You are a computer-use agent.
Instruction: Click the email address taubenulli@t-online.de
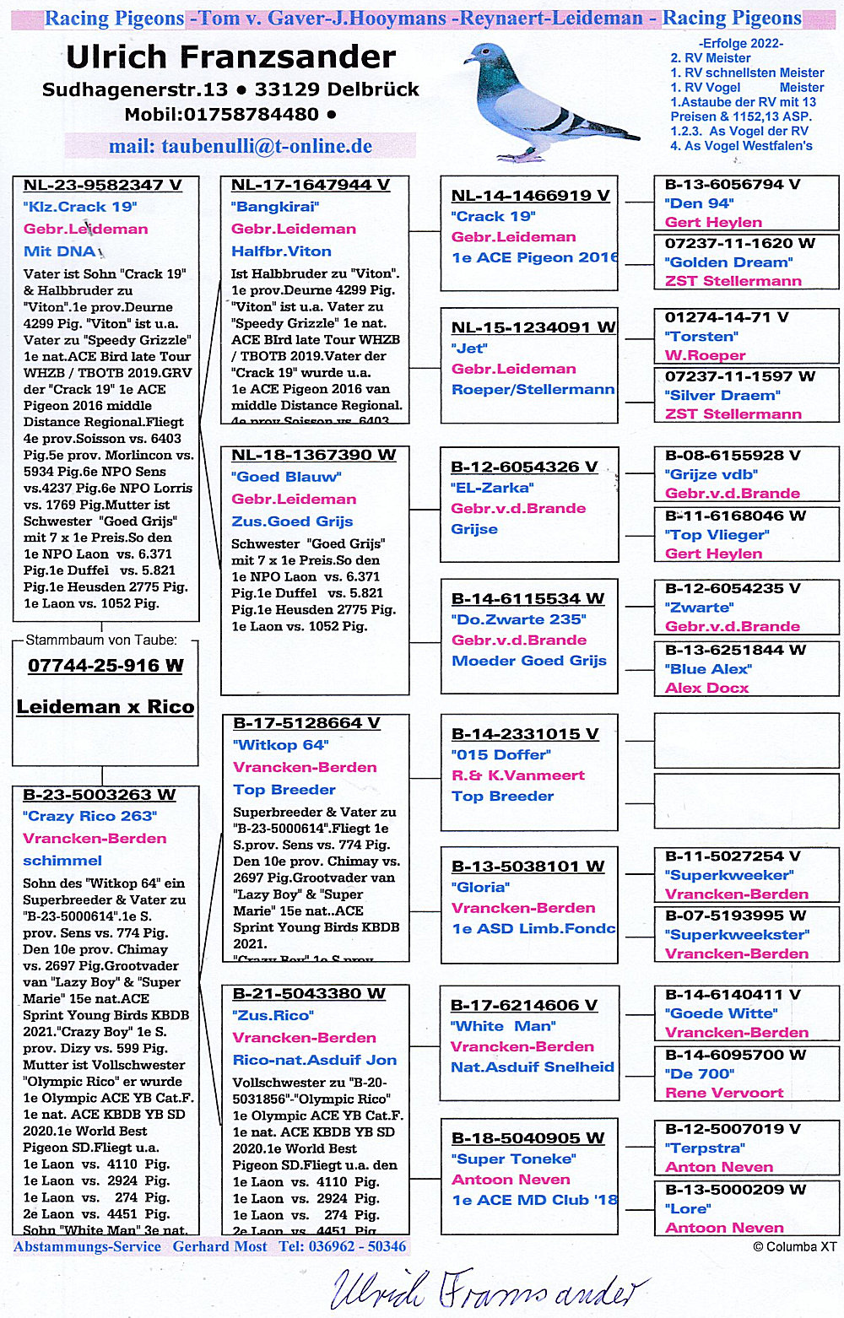241,146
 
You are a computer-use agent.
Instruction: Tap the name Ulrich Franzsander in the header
230,57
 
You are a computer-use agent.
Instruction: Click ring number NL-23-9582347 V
102,185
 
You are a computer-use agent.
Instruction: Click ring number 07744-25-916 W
105,666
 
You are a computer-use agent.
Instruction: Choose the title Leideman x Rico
105,707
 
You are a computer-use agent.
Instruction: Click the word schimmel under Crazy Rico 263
62,861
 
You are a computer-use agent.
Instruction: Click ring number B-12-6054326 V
524,467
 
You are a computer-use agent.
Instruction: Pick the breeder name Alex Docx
706,688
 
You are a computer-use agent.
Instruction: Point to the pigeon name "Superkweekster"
737,934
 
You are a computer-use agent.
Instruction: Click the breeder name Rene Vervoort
724,1093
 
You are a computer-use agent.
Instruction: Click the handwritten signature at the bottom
490,1288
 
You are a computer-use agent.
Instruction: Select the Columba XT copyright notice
794,1246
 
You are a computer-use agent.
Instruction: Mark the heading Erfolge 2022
740,43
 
